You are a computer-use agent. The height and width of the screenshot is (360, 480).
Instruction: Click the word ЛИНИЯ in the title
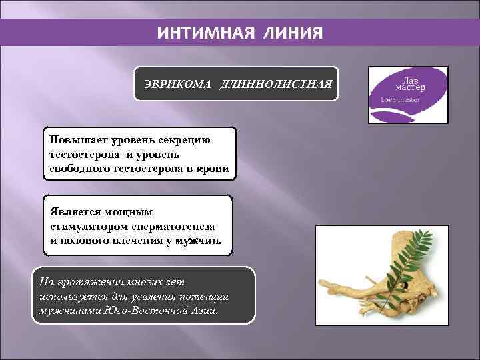(291, 33)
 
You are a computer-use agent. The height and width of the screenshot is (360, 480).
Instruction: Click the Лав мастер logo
(409, 95)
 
